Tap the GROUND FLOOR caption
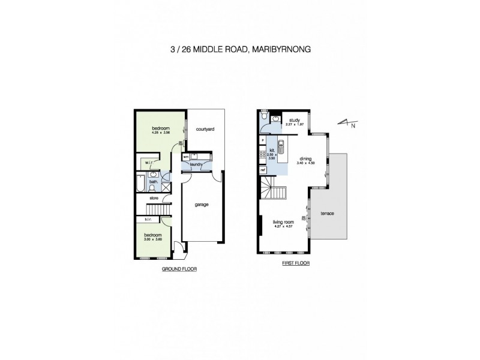(x=180, y=269)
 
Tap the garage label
(x=201, y=205)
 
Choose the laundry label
(x=196, y=163)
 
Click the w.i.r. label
(x=148, y=162)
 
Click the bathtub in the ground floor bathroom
(x=140, y=182)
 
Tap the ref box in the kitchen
(x=263, y=170)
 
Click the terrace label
(x=327, y=214)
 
